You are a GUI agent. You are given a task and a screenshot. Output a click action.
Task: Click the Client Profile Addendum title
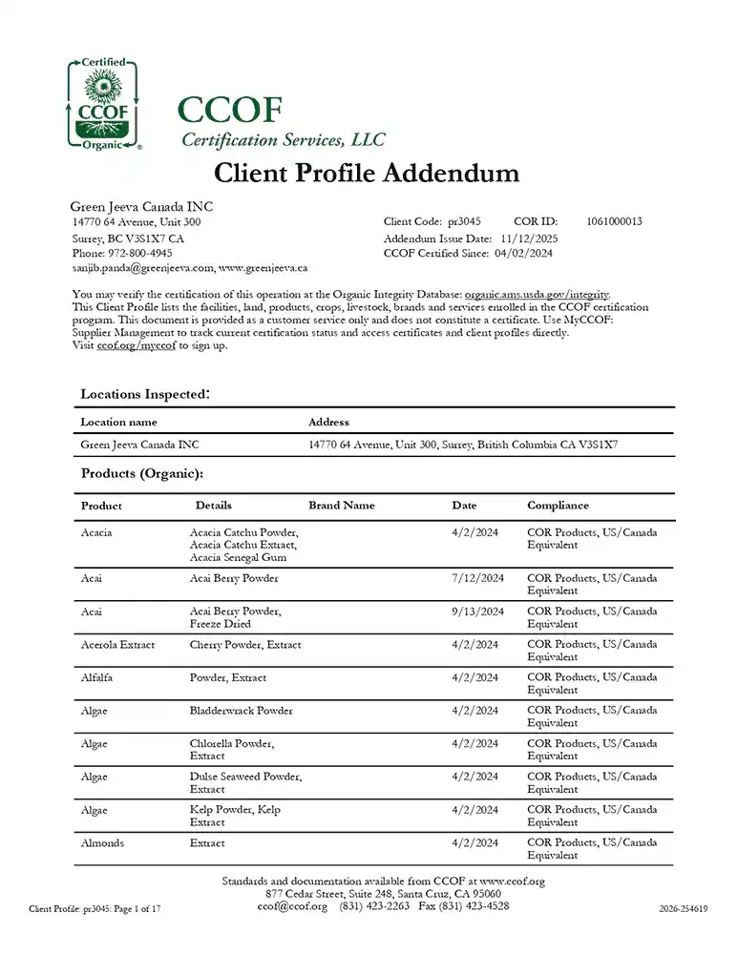(x=367, y=173)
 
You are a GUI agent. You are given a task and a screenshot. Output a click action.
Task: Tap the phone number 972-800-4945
(x=139, y=254)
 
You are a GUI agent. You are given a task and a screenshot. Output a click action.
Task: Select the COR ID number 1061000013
(x=614, y=221)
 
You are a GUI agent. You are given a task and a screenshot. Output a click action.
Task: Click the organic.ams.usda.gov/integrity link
(x=537, y=295)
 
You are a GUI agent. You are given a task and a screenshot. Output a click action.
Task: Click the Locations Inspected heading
(x=144, y=393)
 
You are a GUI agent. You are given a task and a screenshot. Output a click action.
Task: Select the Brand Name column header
(x=341, y=506)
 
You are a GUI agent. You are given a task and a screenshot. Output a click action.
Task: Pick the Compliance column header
(x=558, y=506)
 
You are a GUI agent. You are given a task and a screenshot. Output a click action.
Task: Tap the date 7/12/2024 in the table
(x=477, y=578)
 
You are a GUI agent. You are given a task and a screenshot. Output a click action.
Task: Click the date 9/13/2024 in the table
(x=477, y=612)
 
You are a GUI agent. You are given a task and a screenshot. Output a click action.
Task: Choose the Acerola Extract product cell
(x=117, y=645)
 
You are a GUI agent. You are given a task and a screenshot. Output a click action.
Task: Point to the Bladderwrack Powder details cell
(x=241, y=711)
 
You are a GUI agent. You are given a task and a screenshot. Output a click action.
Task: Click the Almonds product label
(x=102, y=843)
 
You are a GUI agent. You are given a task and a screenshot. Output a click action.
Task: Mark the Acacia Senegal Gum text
(x=238, y=558)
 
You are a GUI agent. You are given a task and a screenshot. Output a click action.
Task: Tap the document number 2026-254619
(x=683, y=910)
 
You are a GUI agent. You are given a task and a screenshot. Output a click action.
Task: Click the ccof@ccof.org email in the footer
(x=292, y=906)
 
